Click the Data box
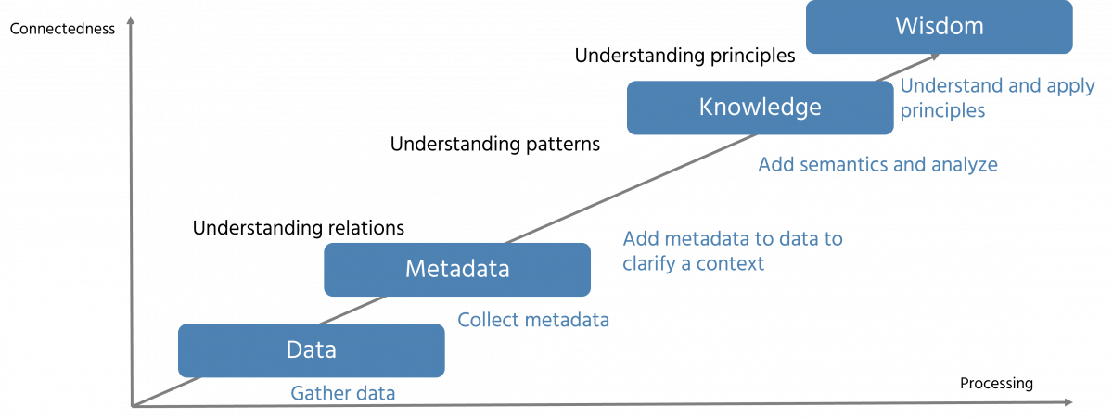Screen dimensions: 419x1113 [x=311, y=350]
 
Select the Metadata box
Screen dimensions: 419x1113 [x=457, y=270]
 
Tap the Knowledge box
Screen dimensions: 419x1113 [x=760, y=108]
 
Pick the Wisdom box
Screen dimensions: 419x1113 [x=939, y=26]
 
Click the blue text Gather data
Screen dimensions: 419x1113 [x=343, y=393]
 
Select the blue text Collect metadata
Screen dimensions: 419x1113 [x=534, y=321]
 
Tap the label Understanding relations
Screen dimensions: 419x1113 [x=298, y=227]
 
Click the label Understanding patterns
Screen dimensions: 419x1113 [x=495, y=145]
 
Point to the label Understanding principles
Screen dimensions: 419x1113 [x=684, y=56]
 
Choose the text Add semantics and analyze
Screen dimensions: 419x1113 [x=877, y=165]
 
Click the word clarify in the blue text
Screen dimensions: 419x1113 [x=651, y=263]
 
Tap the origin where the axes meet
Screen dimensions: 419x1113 [x=136, y=404]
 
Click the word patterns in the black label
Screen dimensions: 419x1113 [x=559, y=145]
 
